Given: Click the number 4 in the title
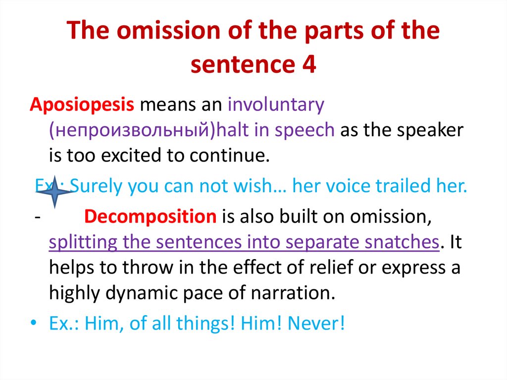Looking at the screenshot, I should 307,66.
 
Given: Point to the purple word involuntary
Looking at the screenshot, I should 276,105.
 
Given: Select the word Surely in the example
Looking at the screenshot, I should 97,187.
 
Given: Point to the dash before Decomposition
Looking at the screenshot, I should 37,217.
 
